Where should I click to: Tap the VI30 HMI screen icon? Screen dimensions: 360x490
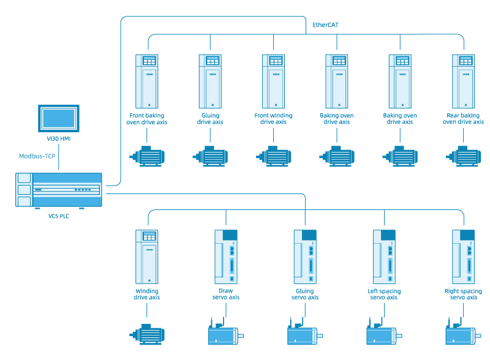(x=58, y=116)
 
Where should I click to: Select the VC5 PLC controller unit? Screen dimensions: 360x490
(x=59, y=190)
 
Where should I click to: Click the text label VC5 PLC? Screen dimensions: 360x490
(x=59, y=216)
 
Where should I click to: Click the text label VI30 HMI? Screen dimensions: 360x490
(x=58, y=139)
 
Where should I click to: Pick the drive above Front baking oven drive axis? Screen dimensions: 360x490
(x=147, y=80)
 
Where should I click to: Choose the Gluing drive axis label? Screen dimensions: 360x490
(x=210, y=119)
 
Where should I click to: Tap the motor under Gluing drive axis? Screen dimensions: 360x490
(x=210, y=156)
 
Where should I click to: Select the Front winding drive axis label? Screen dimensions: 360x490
(x=273, y=119)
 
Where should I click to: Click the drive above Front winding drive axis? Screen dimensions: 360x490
(x=273, y=80)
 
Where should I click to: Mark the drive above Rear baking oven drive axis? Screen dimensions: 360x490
(x=463, y=80)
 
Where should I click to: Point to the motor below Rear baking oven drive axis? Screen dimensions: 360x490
(x=463, y=156)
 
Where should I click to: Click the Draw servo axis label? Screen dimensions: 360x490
(x=225, y=294)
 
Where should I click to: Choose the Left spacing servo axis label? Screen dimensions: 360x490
(x=384, y=294)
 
